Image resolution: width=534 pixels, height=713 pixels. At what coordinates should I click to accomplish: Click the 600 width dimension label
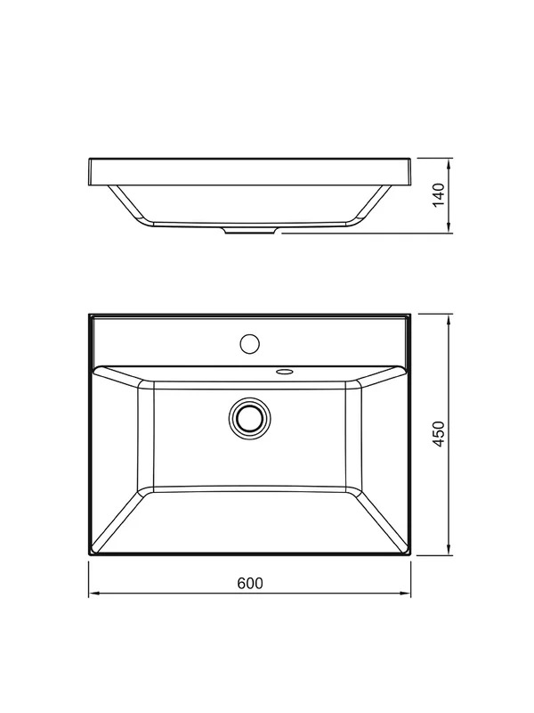click(x=250, y=583)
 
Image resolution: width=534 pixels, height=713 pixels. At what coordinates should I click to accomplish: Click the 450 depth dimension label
click(x=439, y=434)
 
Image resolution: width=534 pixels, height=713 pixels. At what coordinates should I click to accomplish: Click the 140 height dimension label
click(x=439, y=195)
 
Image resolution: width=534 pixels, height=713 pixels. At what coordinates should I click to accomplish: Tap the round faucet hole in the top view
click(x=249, y=344)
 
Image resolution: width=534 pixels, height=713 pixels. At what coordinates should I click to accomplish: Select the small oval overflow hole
click(x=285, y=372)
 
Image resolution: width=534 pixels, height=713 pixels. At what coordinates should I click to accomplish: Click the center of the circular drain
click(x=249, y=418)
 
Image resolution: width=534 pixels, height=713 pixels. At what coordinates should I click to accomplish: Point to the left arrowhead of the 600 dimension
click(x=94, y=593)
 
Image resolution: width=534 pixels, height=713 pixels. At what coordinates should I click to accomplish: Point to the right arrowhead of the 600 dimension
click(x=405, y=593)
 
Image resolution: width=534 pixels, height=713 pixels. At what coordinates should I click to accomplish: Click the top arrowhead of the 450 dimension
click(x=449, y=320)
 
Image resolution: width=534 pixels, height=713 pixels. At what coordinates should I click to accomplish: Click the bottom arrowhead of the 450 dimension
click(x=449, y=549)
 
